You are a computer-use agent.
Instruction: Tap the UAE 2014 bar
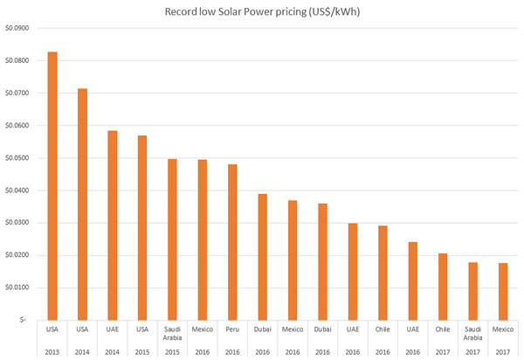(x=112, y=225)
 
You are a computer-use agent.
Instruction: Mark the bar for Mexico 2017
(x=503, y=291)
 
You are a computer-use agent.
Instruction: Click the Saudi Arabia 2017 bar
(x=472, y=291)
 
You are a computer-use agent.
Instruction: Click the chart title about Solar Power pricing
(x=263, y=11)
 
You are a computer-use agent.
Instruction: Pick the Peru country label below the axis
(x=232, y=329)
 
